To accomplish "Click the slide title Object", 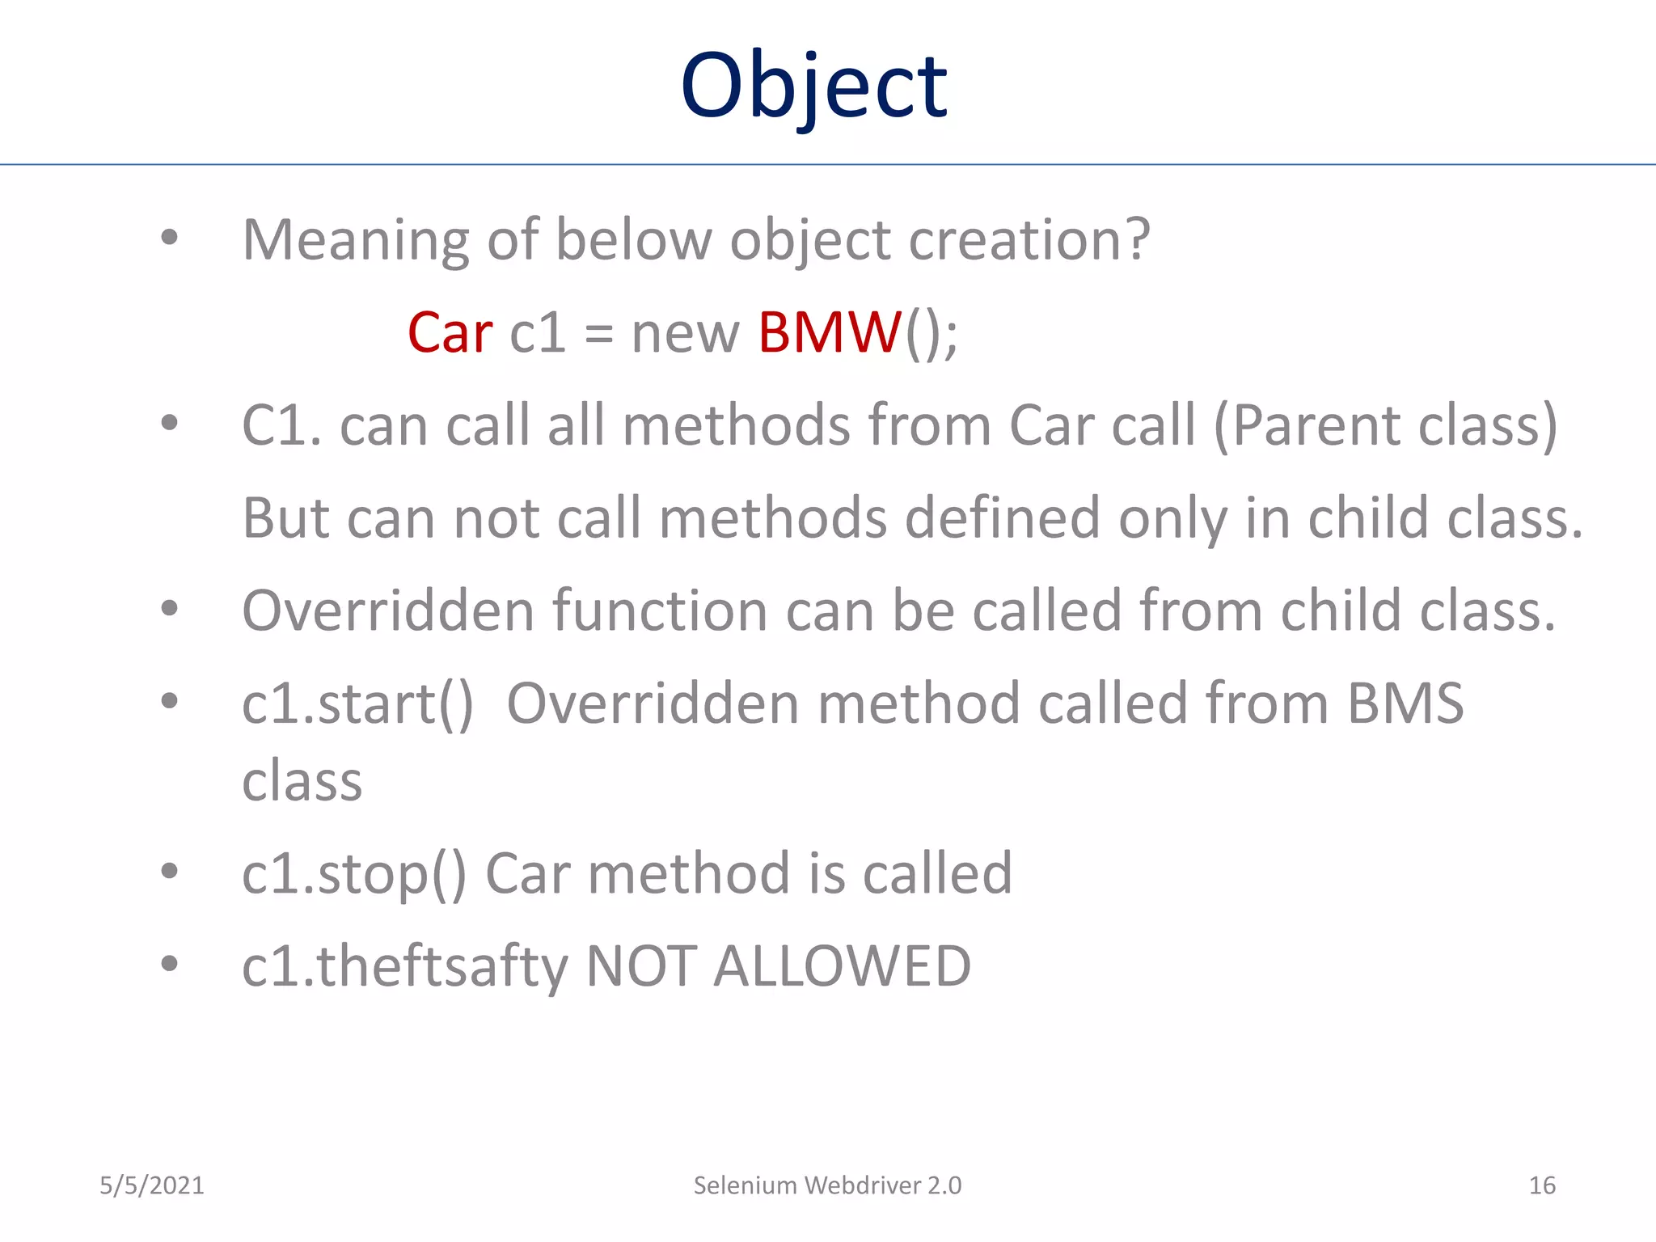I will tap(813, 85).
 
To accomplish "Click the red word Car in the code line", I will tap(450, 332).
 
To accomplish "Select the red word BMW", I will tap(830, 332).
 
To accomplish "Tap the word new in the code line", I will tap(685, 332).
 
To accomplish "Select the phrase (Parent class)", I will tap(1385, 425).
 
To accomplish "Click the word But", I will tap(285, 517).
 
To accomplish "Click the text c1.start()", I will tap(357, 703).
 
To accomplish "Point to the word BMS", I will tap(1405, 703).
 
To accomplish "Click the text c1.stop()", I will tap(354, 874).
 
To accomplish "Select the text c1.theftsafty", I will tap(405, 966).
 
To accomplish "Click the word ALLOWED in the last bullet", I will tap(842, 966).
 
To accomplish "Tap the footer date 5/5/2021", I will tap(152, 1185).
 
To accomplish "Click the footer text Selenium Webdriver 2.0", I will tap(827, 1185).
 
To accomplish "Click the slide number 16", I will tap(1541, 1185).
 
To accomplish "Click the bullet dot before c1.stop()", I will tap(169, 872).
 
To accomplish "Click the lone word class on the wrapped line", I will tap(302, 782).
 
